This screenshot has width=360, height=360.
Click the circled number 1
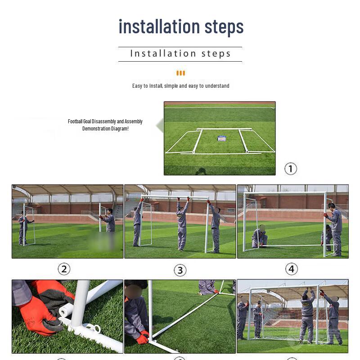tap(291, 169)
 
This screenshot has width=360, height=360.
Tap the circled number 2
tap(64, 269)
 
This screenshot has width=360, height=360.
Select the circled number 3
tap(180, 270)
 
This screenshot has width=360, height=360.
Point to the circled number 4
tap(291, 269)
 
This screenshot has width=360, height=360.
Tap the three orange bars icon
tap(180, 73)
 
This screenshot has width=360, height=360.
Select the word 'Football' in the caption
tap(75, 121)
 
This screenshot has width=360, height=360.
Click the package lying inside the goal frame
tap(221, 139)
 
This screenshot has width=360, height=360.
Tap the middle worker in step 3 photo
tap(182, 225)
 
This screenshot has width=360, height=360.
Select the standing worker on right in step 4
tap(334, 227)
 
